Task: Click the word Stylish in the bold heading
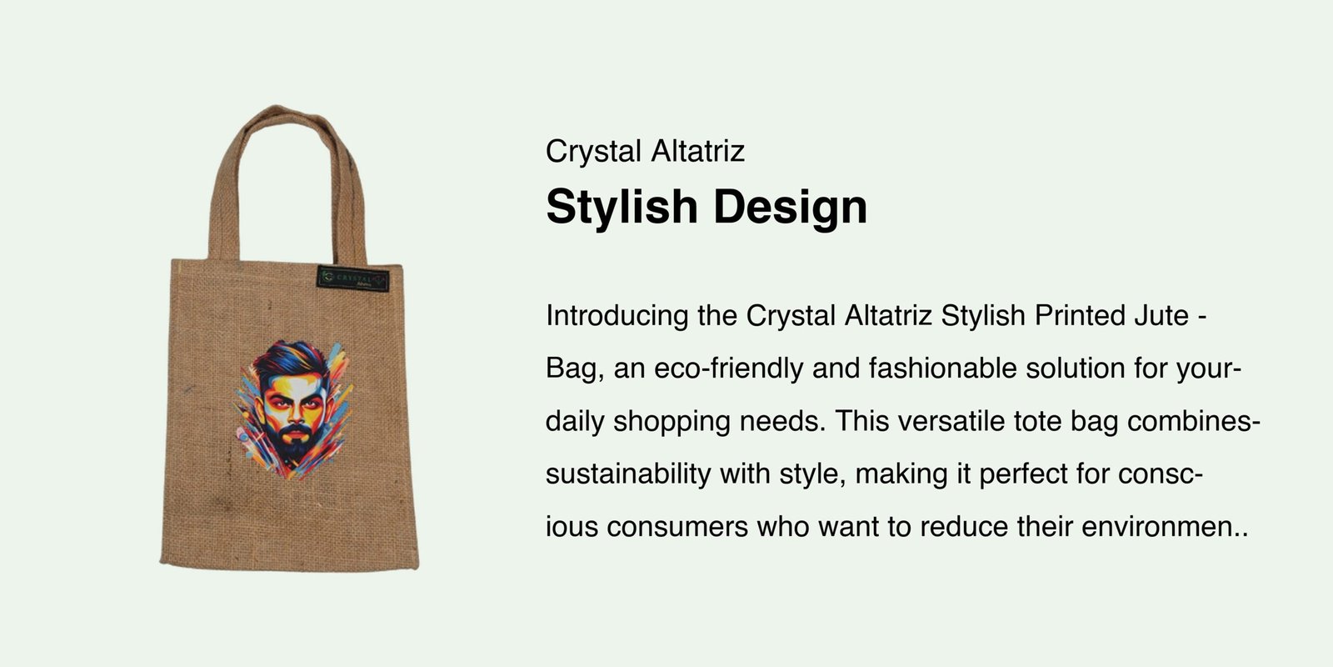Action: [x=622, y=208]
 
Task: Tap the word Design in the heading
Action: [x=791, y=208]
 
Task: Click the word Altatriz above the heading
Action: [x=697, y=151]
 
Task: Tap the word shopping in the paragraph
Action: [x=671, y=422]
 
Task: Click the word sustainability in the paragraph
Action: [x=628, y=474]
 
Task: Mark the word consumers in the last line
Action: [x=678, y=527]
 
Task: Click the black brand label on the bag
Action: [x=353, y=278]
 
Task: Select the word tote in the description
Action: [x=1038, y=421]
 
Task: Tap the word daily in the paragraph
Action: [x=575, y=422]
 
